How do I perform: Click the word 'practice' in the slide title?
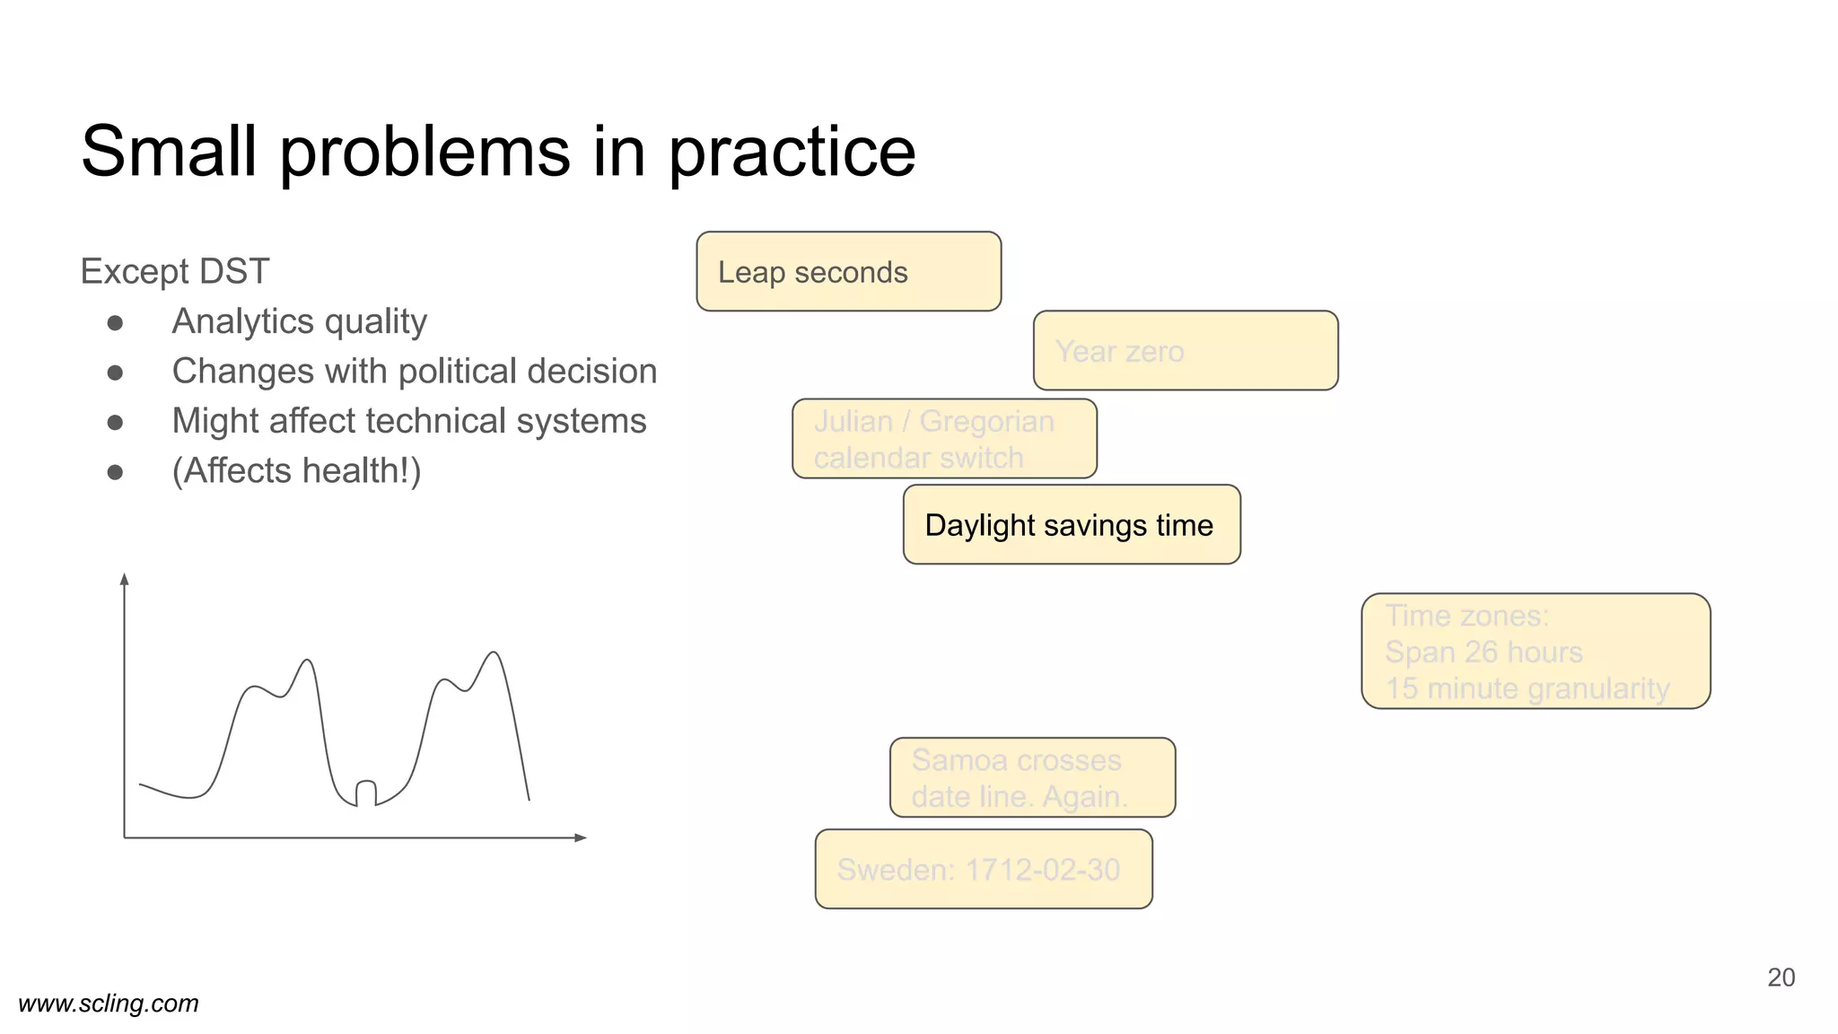[792, 153]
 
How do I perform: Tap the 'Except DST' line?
[175, 271]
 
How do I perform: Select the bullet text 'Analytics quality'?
[299, 321]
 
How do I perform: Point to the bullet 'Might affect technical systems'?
[408, 421]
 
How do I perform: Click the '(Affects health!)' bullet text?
[296, 470]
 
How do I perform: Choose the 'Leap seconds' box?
[848, 272]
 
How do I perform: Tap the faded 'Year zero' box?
[1185, 351]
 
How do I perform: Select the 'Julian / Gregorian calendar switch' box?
[944, 439]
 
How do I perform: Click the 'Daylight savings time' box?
[1071, 525]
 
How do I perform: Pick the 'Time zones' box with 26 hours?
[1535, 652]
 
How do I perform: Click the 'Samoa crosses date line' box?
[1032, 778]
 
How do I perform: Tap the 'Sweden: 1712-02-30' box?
[983, 870]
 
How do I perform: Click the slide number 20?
[1781, 977]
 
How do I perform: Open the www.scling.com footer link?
[109, 1003]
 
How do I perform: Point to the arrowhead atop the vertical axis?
[125, 579]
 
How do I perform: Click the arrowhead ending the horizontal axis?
[581, 837]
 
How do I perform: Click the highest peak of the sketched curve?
[494, 653]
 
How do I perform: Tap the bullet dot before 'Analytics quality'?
[115, 322]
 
